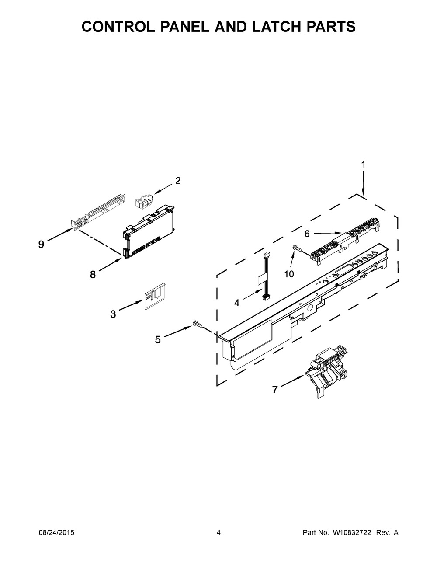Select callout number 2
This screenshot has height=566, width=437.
point(178,180)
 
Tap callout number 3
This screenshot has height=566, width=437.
point(113,314)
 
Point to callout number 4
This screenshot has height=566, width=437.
point(236,302)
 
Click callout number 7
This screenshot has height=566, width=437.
point(275,389)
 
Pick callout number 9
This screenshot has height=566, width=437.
point(41,244)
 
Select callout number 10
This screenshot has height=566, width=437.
point(289,274)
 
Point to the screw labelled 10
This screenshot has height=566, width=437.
point(296,248)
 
